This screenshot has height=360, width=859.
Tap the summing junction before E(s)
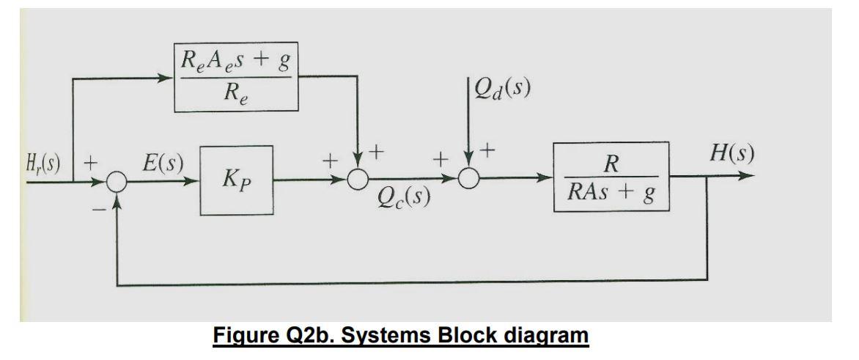click(x=117, y=178)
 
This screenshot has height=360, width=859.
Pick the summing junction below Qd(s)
click(x=468, y=178)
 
